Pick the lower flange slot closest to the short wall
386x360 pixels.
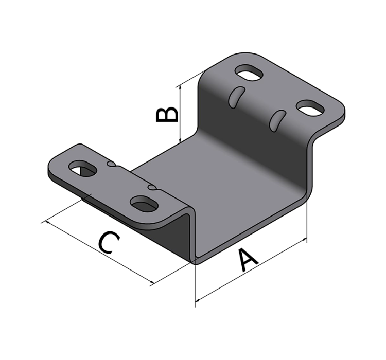click(x=145, y=203)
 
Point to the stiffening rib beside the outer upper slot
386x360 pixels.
click(x=277, y=119)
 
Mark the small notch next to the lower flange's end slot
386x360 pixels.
click(x=110, y=164)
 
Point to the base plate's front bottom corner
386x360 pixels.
click(x=196, y=262)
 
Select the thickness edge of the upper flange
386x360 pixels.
click(x=329, y=123)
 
